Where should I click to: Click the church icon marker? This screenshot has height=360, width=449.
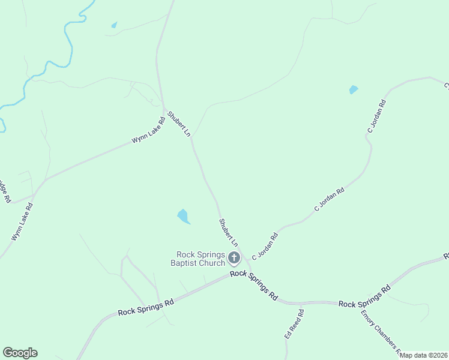(234, 259)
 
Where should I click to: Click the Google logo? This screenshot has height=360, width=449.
(20, 353)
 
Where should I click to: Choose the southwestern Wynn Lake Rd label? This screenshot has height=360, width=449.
(22, 222)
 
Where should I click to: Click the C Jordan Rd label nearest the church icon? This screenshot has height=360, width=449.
(265, 246)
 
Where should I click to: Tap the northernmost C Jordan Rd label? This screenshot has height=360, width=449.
(376, 116)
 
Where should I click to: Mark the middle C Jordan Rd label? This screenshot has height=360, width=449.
(330, 200)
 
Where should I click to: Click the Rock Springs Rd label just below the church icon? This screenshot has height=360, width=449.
(255, 285)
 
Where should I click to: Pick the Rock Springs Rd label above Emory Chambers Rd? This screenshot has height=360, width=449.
(364, 297)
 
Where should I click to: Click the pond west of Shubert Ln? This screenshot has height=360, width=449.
(183, 216)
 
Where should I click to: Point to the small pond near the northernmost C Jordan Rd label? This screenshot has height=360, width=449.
(353, 90)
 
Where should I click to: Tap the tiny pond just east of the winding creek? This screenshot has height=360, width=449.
(114, 25)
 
